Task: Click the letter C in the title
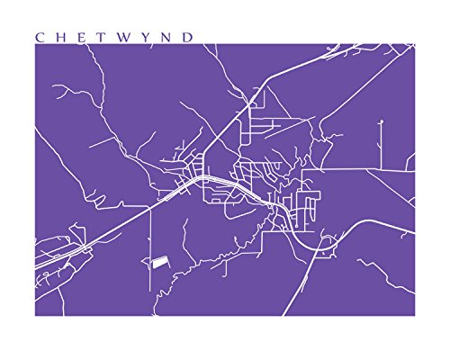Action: [x=40, y=37]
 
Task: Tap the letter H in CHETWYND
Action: [x=60, y=37]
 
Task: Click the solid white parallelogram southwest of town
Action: [x=158, y=261]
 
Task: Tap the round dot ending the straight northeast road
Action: [x=381, y=121]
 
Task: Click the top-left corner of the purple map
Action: [x=35, y=44]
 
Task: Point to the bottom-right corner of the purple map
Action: [x=415, y=316]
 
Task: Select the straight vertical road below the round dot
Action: [x=381, y=144]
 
